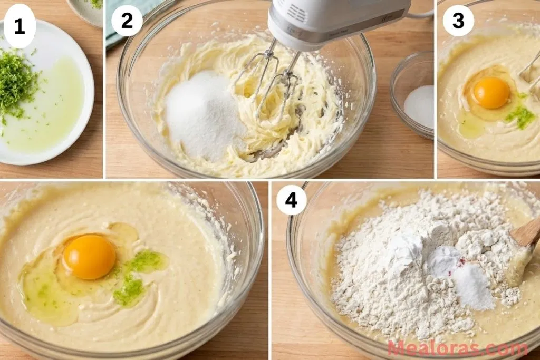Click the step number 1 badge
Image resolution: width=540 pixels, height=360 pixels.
pos(20,26)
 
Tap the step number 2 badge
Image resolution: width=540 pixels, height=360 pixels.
pos(127,21)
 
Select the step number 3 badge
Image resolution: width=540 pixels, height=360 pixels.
pos(458,21)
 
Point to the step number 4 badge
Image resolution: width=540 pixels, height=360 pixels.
pos(292,200)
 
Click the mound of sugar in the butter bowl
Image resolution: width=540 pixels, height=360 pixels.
pos(203,116)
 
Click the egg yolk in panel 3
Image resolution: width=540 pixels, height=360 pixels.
pos(491,93)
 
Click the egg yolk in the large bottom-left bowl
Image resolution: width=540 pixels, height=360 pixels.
pos(90,257)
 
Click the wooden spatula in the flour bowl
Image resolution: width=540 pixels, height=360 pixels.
pos(527,235)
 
